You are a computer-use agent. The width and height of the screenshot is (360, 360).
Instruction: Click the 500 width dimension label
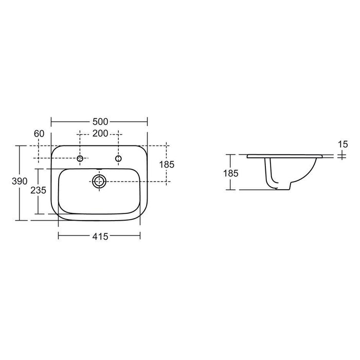click(x=100, y=122)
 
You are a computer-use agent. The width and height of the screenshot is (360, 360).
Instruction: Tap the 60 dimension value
click(x=39, y=134)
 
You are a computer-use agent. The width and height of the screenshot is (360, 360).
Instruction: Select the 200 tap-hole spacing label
click(x=100, y=134)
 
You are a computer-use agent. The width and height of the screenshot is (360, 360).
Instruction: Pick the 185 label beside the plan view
click(x=168, y=165)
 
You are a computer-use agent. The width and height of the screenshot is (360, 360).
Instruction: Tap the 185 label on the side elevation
click(x=231, y=173)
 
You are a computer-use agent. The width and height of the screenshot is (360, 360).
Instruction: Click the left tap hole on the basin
click(x=80, y=159)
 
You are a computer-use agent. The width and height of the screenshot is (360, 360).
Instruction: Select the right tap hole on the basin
click(x=118, y=159)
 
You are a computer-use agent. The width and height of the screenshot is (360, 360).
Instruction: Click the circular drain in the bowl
click(x=99, y=181)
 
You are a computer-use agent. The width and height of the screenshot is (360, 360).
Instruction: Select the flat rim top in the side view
click(x=285, y=154)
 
